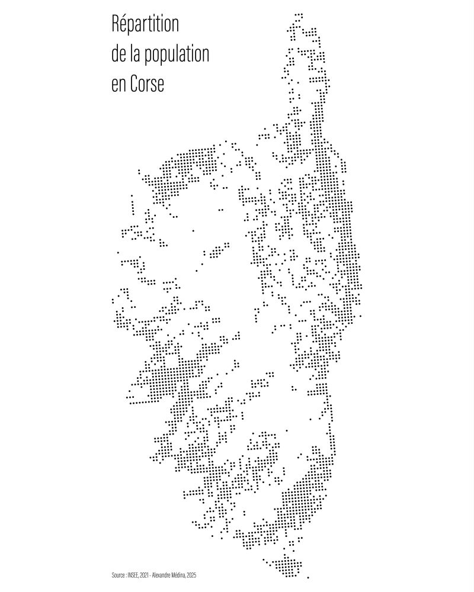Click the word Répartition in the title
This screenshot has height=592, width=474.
pos(145,26)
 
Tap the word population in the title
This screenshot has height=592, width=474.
pos(175,56)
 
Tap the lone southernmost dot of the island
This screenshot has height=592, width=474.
pos(308,576)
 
